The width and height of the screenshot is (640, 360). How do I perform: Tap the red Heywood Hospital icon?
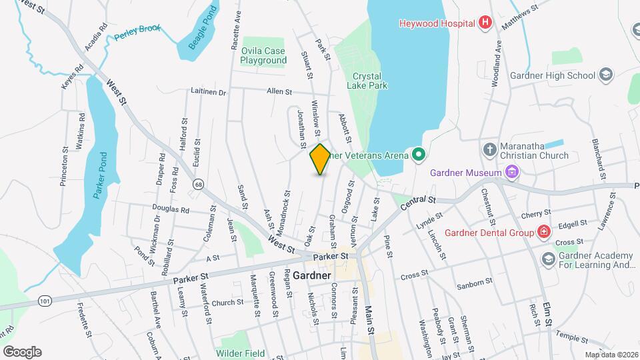tap(485, 23)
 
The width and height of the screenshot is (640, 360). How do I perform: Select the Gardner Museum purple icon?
tap(512, 173)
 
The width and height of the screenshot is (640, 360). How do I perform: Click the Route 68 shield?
tap(198, 183)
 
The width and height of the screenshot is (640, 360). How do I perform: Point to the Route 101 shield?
tap(45, 301)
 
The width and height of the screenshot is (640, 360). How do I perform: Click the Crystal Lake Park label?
tap(367, 81)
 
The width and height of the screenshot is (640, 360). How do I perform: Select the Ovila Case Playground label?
tap(263, 56)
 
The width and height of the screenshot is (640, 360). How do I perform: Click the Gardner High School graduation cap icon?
tap(606, 75)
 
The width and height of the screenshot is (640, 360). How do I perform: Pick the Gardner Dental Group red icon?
tap(545, 232)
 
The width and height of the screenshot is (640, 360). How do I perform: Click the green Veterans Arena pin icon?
tap(419, 155)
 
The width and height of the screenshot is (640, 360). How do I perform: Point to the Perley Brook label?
tap(137, 33)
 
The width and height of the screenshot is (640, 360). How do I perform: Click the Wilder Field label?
tap(239, 353)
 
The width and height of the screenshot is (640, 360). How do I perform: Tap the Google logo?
tap(22, 352)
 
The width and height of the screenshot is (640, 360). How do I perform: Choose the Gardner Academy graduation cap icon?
tap(549, 259)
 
